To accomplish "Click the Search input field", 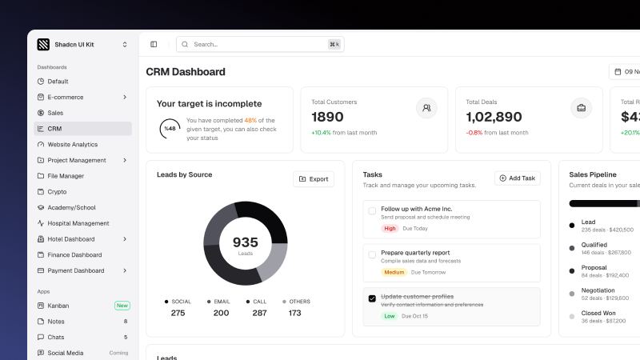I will (x=256, y=44).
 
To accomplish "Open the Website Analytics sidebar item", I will (x=72, y=144).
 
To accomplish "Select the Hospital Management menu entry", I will (x=78, y=223).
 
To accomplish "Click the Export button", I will (x=314, y=179).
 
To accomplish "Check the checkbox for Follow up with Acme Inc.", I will (x=372, y=211).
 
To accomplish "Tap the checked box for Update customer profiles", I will (x=372, y=298).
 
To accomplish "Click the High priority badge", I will (x=390, y=228).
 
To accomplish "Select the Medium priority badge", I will (x=394, y=272).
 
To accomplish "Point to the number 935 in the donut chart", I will (x=245, y=242).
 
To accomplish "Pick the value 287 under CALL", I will (x=259, y=313).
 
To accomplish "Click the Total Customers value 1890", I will (x=328, y=117).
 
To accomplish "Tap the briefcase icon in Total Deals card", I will (x=582, y=108).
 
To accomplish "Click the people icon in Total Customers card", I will (x=426, y=108).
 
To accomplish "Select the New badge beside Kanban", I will (x=122, y=306).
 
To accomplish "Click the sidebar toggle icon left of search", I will (x=154, y=44).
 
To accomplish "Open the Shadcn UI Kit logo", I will (x=43, y=45).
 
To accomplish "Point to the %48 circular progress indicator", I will (x=170, y=128).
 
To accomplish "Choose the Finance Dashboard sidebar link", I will (x=74, y=254).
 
